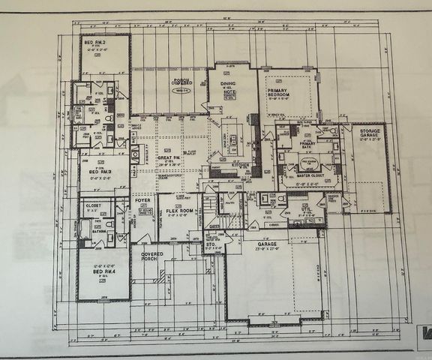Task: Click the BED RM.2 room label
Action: (x=94, y=43)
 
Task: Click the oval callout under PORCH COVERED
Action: (x=178, y=90)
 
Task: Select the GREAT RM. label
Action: (x=166, y=158)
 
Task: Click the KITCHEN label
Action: (x=239, y=163)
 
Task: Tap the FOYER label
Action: (x=143, y=201)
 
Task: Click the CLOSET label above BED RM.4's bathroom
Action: (x=94, y=204)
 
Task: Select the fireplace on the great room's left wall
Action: (x=135, y=155)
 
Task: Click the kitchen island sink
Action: (x=232, y=139)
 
